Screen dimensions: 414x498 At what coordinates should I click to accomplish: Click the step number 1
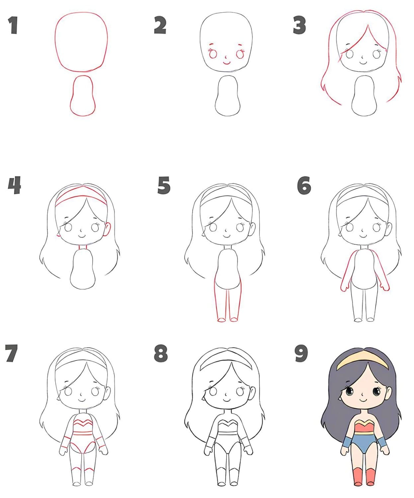(13, 25)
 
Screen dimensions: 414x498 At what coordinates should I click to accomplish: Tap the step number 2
(160, 25)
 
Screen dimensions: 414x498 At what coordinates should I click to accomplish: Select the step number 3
(299, 25)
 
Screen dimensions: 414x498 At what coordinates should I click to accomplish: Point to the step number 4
(14, 185)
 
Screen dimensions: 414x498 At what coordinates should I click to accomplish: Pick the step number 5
(164, 185)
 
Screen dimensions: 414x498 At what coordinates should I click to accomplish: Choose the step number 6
(304, 185)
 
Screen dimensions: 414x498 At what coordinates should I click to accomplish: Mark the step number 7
(11, 353)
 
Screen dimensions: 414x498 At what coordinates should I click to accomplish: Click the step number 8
(161, 353)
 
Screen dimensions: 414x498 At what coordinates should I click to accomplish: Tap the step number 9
(301, 353)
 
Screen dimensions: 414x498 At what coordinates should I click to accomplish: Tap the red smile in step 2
(226, 63)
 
